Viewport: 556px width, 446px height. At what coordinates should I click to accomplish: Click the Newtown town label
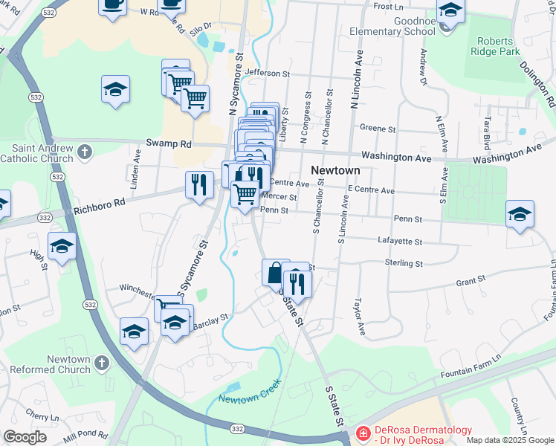tap(334, 169)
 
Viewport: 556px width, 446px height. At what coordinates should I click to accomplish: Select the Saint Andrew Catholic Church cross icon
tap(85, 152)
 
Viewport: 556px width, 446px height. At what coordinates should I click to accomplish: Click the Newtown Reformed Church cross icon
tap(102, 363)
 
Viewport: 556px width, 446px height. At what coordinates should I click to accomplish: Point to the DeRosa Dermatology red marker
tap(362, 433)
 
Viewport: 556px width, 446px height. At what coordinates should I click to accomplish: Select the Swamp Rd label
tap(169, 143)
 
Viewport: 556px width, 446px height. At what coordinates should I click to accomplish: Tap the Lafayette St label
tap(400, 242)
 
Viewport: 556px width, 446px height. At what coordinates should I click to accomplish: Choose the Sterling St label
tap(404, 263)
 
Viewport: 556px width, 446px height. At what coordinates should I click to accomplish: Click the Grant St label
tap(470, 280)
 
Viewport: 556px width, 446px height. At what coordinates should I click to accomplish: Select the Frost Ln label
tap(388, 6)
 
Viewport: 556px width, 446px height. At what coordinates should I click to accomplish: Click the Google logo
tap(25, 437)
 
